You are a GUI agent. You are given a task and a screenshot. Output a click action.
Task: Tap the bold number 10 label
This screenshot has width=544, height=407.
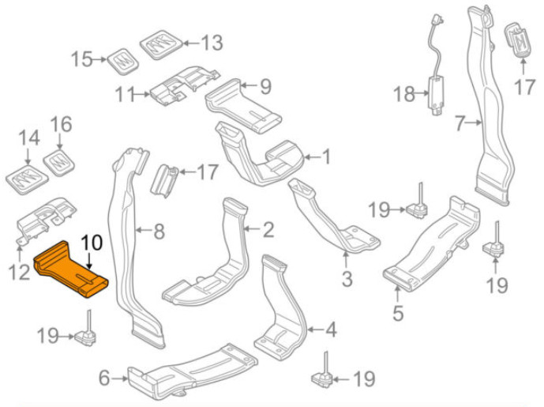click(92, 243)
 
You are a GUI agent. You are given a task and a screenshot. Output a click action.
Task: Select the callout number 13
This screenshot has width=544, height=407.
click(212, 43)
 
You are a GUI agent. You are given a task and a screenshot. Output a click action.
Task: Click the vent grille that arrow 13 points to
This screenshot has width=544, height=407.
click(161, 44)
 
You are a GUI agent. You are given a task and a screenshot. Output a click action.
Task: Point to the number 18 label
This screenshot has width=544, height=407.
click(403, 94)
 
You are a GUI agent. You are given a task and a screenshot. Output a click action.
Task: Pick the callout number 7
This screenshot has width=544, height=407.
click(460, 123)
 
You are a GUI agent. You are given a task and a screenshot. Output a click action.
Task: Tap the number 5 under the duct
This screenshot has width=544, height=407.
click(398, 313)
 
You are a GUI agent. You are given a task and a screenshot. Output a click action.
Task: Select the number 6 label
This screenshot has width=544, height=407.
click(104, 379)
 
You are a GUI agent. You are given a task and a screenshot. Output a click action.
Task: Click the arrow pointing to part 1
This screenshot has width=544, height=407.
click(313, 157)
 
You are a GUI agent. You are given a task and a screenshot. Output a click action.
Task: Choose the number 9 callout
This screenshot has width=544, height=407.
click(266, 87)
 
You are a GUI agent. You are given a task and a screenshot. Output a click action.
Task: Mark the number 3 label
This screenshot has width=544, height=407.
click(347, 278)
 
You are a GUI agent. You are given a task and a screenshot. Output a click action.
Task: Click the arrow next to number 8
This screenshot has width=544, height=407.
click(143, 229)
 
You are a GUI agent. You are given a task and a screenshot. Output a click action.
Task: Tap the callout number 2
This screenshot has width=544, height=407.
click(268, 229)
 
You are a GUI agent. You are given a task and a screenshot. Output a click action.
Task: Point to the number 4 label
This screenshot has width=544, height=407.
click(331, 330)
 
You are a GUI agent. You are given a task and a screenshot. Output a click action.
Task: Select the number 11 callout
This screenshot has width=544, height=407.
click(125, 95)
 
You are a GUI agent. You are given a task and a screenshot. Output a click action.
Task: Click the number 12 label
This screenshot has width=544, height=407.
click(20, 273)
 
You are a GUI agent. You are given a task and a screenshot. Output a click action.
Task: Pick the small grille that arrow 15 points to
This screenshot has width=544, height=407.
click(123, 61)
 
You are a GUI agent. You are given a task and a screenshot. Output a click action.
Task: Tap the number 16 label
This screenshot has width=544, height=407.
click(61, 124)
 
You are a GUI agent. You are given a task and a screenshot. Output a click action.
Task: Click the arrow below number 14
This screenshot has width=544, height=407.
click(28, 156)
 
